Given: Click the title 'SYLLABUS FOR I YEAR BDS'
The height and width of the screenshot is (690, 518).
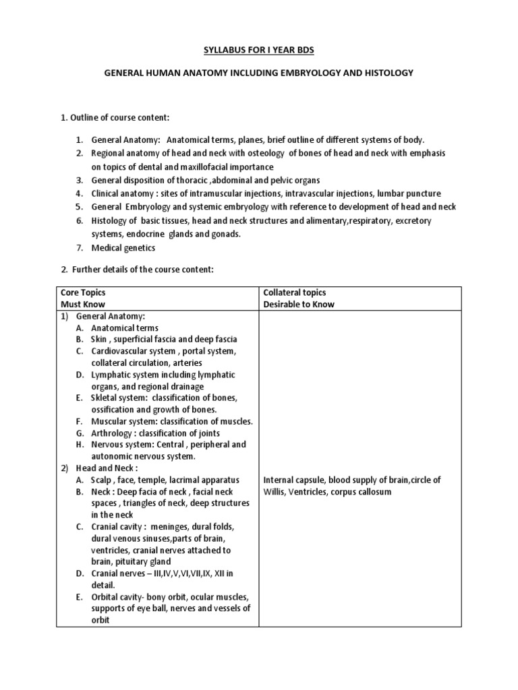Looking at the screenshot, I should pos(258,50).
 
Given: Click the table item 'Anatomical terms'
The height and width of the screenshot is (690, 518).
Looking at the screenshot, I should pos(125,327).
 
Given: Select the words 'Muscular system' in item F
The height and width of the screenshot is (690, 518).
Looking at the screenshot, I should pos(123,421).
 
